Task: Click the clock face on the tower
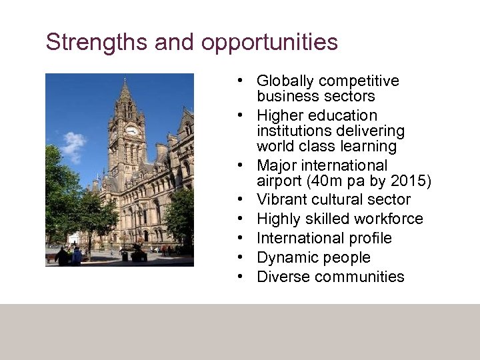pos(131,131)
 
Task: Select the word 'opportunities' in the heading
pos(269,43)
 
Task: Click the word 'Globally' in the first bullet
pos(285,81)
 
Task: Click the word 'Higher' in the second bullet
pos(280,116)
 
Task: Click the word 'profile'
pos(369,238)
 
